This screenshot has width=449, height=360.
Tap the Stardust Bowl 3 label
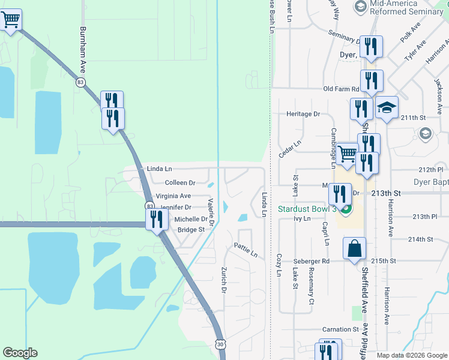tap(307, 209)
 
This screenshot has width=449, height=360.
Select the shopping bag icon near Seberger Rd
tap(354, 247)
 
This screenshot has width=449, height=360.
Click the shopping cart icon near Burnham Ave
tap(11, 20)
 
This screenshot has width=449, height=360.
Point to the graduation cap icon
tap(387, 108)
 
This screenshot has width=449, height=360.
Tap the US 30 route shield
tap(220, 344)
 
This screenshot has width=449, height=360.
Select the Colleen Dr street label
tap(180, 182)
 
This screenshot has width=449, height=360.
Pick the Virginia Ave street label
tap(173, 196)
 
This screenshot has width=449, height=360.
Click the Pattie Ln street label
tap(246, 250)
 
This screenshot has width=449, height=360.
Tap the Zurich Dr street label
tap(224, 280)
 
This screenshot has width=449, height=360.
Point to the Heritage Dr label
tap(303, 114)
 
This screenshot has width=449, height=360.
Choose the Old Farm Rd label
tap(340, 89)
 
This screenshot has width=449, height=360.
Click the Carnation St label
tap(340, 329)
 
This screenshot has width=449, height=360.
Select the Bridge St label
tap(191, 230)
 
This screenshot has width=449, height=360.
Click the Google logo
tap(20, 353)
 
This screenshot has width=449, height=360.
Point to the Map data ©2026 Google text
tap(411, 355)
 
